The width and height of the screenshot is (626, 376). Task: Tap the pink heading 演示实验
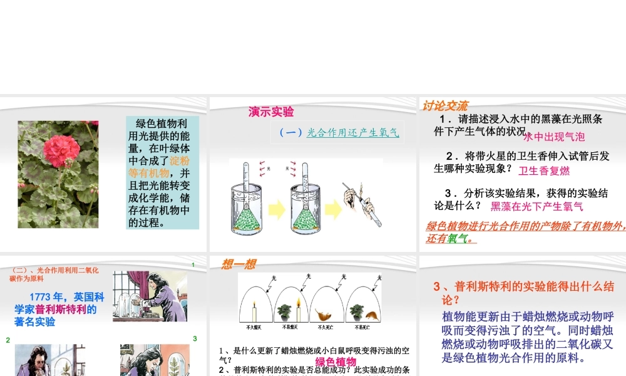(x=271, y=112)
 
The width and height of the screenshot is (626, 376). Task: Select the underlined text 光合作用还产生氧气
(x=352, y=132)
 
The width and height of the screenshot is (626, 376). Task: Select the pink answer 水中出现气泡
(x=554, y=137)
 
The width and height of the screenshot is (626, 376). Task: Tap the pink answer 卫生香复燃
(x=545, y=170)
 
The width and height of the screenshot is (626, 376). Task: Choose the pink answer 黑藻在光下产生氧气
(x=536, y=206)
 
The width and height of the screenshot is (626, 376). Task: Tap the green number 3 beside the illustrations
(x=195, y=338)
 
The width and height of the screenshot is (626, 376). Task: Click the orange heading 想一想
(x=239, y=264)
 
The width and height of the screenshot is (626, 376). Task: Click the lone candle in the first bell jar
(x=255, y=311)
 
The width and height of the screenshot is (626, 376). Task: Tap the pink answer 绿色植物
(x=336, y=362)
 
